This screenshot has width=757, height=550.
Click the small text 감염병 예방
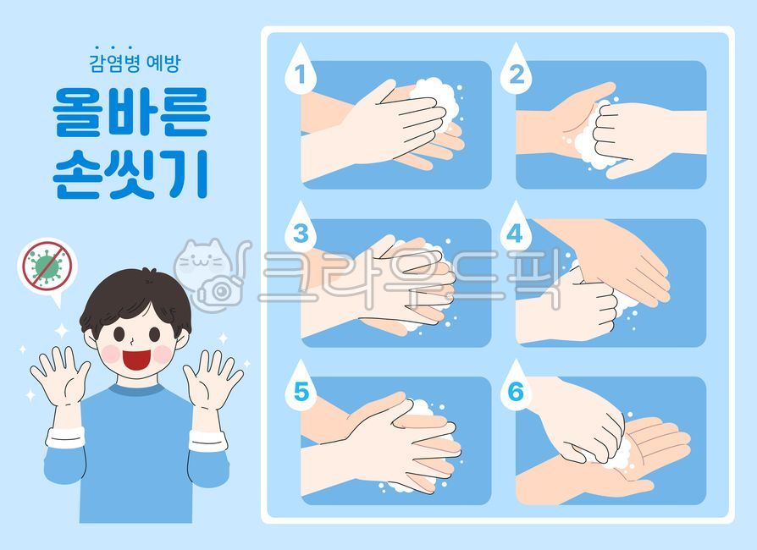135,63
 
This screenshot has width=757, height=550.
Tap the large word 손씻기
130,173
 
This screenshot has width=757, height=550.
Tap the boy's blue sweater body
135,448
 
